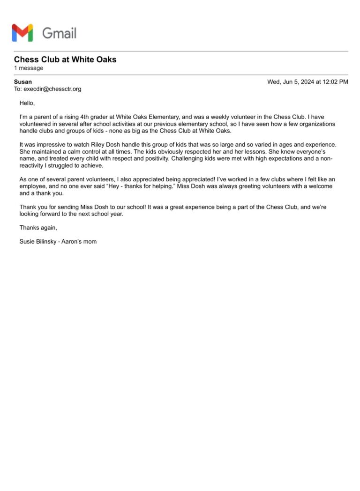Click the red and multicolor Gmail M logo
tap(22, 33)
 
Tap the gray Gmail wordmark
tap(59, 33)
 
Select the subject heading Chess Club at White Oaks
tap(65, 60)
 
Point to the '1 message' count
tap(29, 68)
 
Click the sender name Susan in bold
tap(23, 82)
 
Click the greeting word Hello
tap(27, 103)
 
